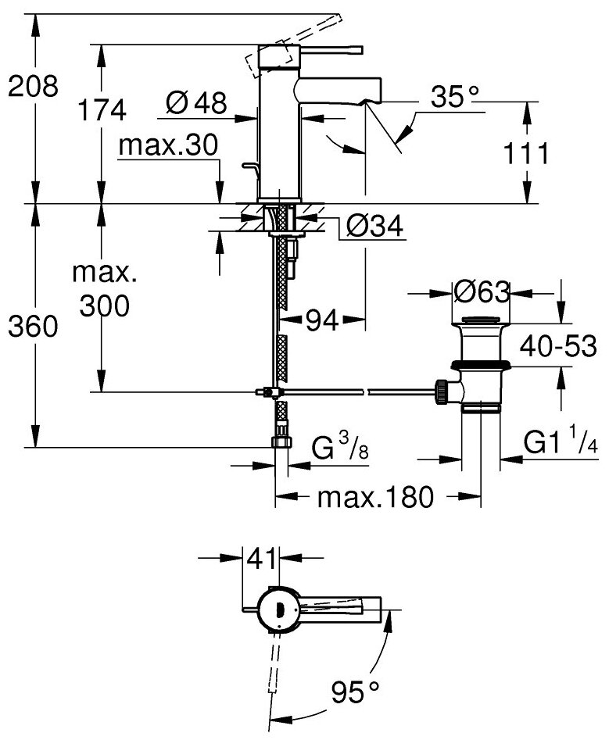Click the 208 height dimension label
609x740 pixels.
point(32,88)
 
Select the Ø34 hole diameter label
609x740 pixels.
point(373,227)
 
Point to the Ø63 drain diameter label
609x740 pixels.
point(480,293)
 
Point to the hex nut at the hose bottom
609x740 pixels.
point(280,442)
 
